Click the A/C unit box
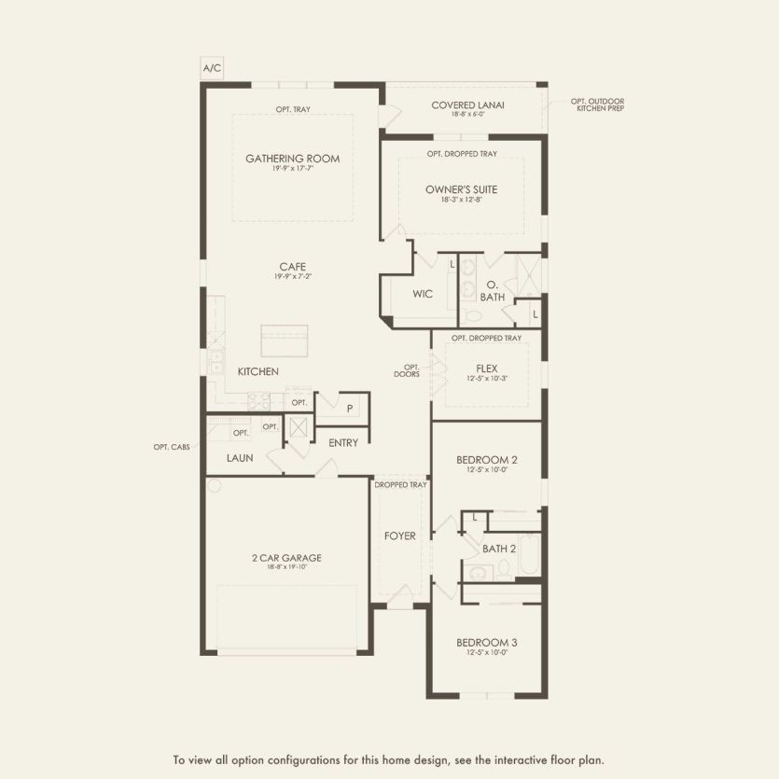(x=212, y=69)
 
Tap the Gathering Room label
(x=292, y=159)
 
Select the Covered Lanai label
(x=467, y=104)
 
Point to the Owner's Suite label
(x=461, y=189)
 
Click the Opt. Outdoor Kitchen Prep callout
(x=598, y=104)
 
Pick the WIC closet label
(x=423, y=294)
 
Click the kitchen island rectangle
(x=285, y=340)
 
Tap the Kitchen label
(x=257, y=371)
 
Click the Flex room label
(x=486, y=368)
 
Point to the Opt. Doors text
(x=411, y=370)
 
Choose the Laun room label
(x=240, y=458)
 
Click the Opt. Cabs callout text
(x=172, y=447)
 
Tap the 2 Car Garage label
(x=286, y=558)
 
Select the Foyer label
(x=400, y=536)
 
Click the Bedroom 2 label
(x=486, y=460)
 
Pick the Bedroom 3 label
(x=486, y=643)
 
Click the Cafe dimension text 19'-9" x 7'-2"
(x=290, y=277)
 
